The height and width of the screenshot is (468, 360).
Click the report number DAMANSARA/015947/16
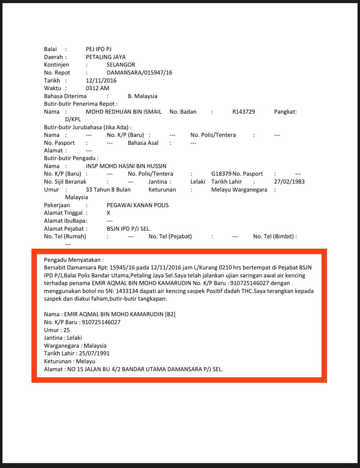pyautogui.click(x=139, y=72)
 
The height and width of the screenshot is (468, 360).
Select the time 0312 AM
pyautogui.click(x=97, y=88)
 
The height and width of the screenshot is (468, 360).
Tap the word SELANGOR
pyautogui.click(x=121, y=65)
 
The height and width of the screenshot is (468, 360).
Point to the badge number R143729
pyautogui.click(x=243, y=112)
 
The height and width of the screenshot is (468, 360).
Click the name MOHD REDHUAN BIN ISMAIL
pyautogui.click(x=123, y=112)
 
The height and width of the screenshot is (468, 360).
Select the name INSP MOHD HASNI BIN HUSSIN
pyautogui.click(x=126, y=166)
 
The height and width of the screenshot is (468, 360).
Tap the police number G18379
pyautogui.click(x=221, y=174)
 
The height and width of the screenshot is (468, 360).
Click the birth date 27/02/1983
pyautogui.click(x=289, y=182)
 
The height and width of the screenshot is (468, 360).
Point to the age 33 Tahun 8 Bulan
pyautogui.click(x=108, y=189)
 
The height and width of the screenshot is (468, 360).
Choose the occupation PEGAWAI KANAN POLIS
pyautogui.click(x=137, y=205)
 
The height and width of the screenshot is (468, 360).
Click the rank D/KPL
pyautogui.click(x=73, y=119)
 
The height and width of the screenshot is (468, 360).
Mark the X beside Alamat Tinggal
pyautogui.click(x=108, y=213)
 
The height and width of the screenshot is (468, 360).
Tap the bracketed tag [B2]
pyautogui.click(x=170, y=314)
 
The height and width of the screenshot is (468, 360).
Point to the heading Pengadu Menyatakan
pyautogui.click(x=73, y=260)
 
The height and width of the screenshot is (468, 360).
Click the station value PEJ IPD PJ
pyautogui.click(x=98, y=49)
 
